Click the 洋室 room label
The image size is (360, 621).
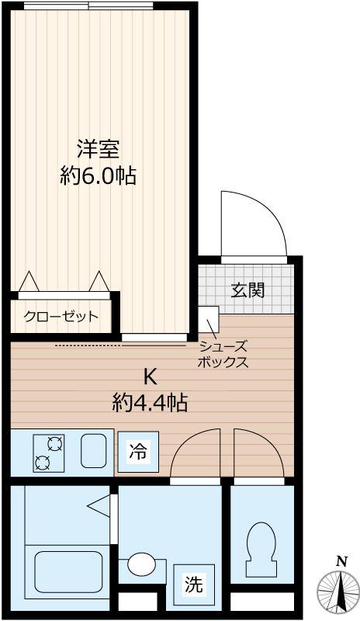[x=99, y=147]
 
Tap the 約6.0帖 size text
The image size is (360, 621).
[x=99, y=176]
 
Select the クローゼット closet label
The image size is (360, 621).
[x=61, y=316]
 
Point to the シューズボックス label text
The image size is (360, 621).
[x=223, y=355]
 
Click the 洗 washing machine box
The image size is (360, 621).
[x=194, y=584]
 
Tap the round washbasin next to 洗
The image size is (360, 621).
[x=141, y=564]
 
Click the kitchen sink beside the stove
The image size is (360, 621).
[x=95, y=450]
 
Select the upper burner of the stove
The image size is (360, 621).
[x=55, y=444]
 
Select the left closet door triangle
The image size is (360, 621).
[x=29, y=281]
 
